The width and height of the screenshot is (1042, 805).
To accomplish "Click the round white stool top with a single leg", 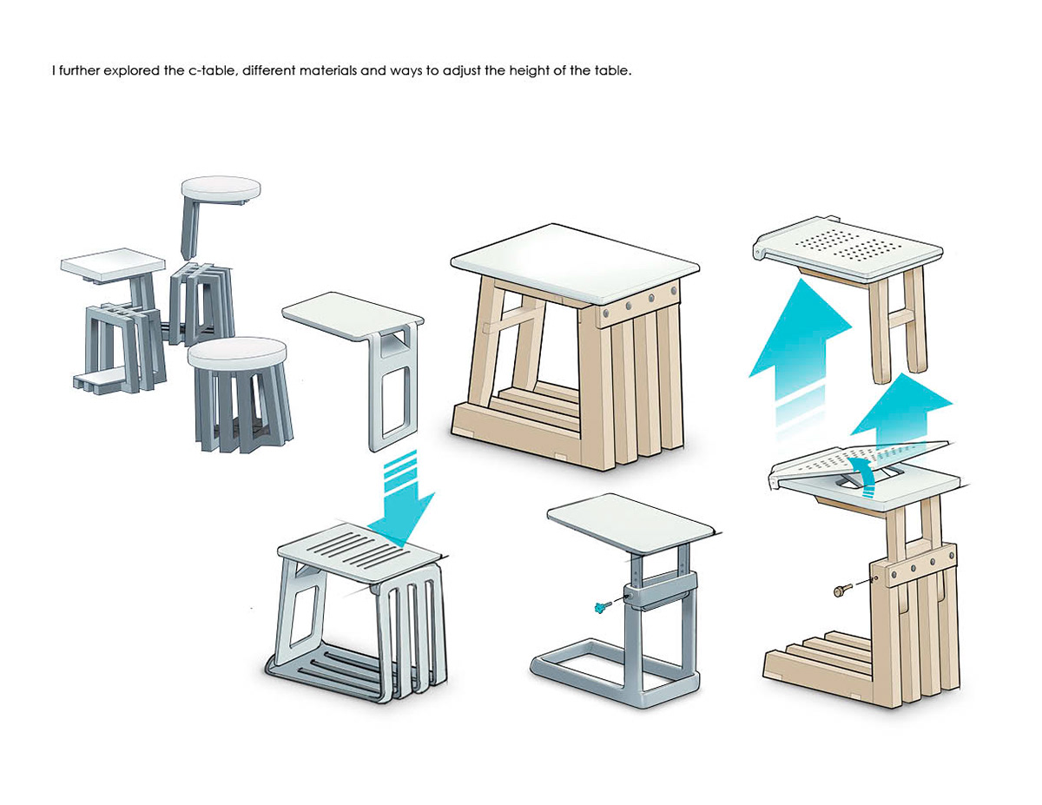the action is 221,189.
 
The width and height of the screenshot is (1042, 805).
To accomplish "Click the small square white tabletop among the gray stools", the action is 113,263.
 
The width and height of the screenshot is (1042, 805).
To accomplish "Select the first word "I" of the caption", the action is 54,70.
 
